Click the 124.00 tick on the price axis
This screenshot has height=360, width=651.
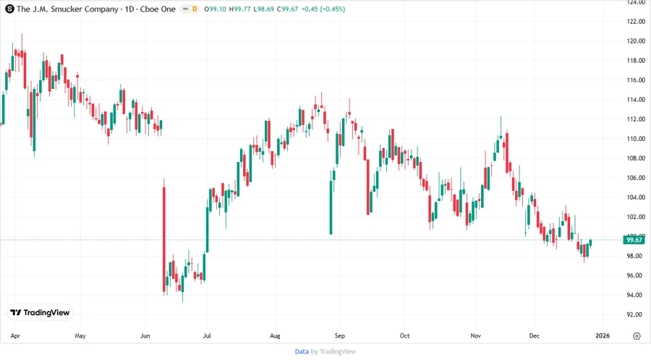coord(636,2)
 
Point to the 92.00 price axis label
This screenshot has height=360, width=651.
coord(636,314)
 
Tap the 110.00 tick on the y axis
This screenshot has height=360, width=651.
coord(636,139)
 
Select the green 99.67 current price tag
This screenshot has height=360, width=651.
coord(634,240)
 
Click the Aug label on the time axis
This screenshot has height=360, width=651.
coord(275,336)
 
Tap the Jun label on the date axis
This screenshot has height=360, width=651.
coord(145,336)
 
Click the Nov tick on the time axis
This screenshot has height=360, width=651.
coord(475,336)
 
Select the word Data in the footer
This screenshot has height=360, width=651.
coord(302,351)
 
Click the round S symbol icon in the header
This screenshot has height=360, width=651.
coord(9,9)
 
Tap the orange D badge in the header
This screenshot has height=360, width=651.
coord(194,9)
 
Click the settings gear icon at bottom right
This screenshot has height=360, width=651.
coord(636,336)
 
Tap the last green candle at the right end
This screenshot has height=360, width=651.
coord(591,243)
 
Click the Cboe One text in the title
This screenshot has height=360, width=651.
coord(157,9)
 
